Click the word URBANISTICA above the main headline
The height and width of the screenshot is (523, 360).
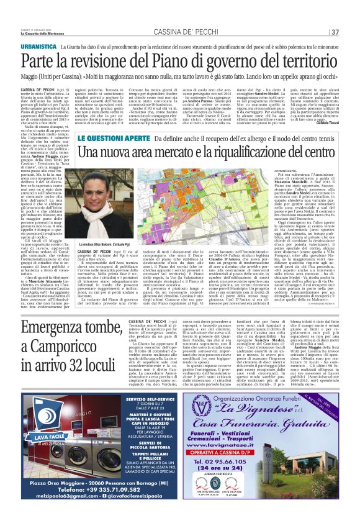tap(38, 46)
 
